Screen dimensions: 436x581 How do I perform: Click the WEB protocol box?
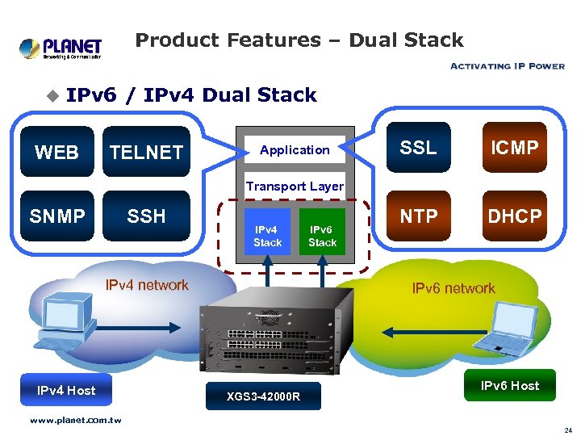[56, 152]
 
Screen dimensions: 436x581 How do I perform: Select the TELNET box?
[146, 152]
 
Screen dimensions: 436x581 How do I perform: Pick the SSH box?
[146, 216]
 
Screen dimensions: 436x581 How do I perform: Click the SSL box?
[418, 148]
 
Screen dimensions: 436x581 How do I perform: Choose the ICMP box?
[514, 148]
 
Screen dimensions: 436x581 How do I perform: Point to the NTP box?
[418, 216]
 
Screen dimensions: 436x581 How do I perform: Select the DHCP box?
[514, 216]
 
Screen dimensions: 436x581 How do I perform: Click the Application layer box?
[295, 150]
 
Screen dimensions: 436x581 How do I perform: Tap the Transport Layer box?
[295, 186]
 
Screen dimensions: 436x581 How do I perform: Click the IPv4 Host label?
[66, 391]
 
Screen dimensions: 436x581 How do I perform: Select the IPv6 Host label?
[510, 386]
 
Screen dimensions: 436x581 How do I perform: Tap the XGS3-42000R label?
[263, 396]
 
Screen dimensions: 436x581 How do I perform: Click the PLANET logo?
[61, 48]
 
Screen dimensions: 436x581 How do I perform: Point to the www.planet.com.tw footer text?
[75, 420]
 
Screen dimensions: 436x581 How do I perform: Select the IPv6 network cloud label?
[454, 288]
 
